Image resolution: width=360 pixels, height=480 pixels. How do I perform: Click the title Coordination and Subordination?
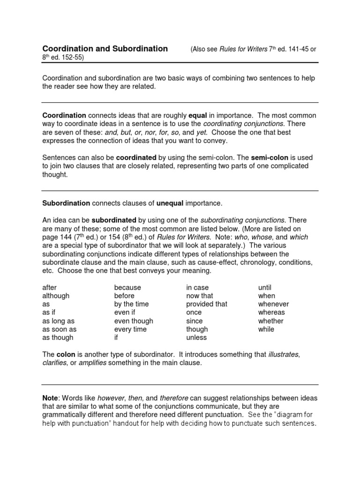[x=105, y=49]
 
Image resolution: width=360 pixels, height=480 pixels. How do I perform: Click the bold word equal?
[x=197, y=115]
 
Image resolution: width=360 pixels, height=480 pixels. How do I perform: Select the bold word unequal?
[x=169, y=203]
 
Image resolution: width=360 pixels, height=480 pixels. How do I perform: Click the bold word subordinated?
[x=114, y=220]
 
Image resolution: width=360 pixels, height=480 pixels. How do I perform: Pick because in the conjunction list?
[x=127, y=287]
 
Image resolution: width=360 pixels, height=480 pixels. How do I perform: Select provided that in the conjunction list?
[x=207, y=304]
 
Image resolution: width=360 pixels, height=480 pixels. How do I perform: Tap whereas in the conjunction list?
[x=271, y=312]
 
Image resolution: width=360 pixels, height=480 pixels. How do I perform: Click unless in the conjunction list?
[x=196, y=337]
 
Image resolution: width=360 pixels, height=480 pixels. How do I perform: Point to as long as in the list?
[x=58, y=321]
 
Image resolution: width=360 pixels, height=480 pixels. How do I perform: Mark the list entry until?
[x=265, y=287]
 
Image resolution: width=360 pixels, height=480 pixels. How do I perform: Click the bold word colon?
[x=66, y=355]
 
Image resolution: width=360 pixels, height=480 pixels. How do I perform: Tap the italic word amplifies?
[x=93, y=363]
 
